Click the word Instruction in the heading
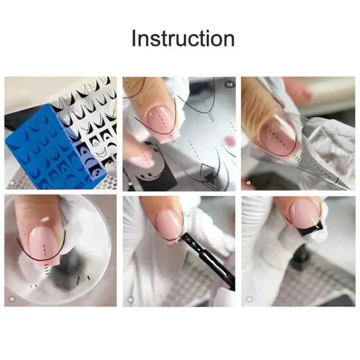[x=183, y=39]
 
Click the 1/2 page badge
[x=229, y=84]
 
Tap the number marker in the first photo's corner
[x=12, y=184]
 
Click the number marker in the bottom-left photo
[x=12, y=298]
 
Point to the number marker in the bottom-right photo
[x=249, y=298]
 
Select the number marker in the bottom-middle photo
[x=130, y=298]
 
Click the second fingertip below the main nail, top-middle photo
[x=137, y=153]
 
